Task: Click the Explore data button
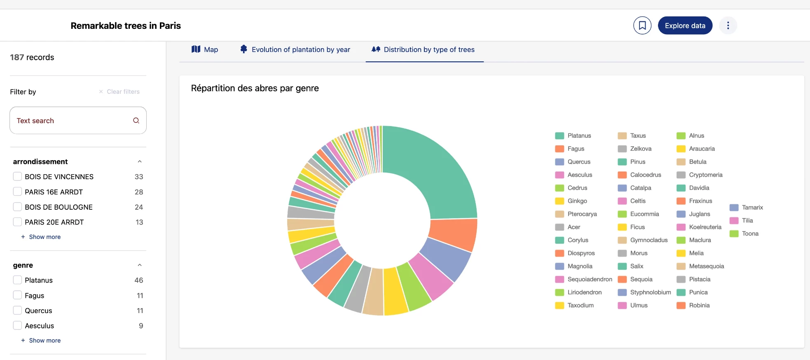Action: click(685, 26)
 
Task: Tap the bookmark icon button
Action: click(642, 26)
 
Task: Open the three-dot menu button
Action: click(728, 26)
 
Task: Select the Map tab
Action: click(205, 49)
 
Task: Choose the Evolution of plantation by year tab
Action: click(295, 49)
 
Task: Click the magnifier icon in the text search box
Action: click(136, 121)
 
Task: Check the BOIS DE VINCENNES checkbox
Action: click(17, 177)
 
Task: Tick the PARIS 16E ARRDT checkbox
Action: click(17, 192)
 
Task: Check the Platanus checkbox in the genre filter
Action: click(17, 280)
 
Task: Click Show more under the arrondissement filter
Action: click(44, 237)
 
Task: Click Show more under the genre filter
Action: click(44, 340)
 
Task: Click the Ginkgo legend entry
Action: click(577, 201)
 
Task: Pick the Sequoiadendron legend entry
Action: click(589, 279)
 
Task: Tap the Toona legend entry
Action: click(750, 234)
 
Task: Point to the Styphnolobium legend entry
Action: click(650, 292)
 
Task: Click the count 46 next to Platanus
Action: click(139, 280)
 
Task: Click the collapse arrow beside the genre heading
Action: click(140, 265)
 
